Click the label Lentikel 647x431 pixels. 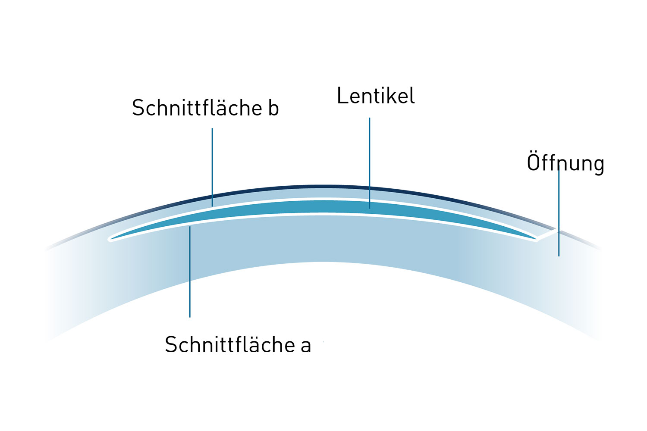click(375, 96)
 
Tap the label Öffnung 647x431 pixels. click(565, 163)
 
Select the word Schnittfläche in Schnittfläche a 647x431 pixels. click(230, 345)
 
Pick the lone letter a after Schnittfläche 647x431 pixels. click(306, 346)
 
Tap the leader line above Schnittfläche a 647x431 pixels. click(190, 272)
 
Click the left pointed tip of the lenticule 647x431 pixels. click(110, 238)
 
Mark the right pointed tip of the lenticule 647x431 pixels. click(536, 238)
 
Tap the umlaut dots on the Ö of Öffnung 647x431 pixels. click(534, 152)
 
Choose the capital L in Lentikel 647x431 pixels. click(342, 96)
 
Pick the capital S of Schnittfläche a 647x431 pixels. click(171, 345)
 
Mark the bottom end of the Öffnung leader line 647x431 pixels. click(559, 256)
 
